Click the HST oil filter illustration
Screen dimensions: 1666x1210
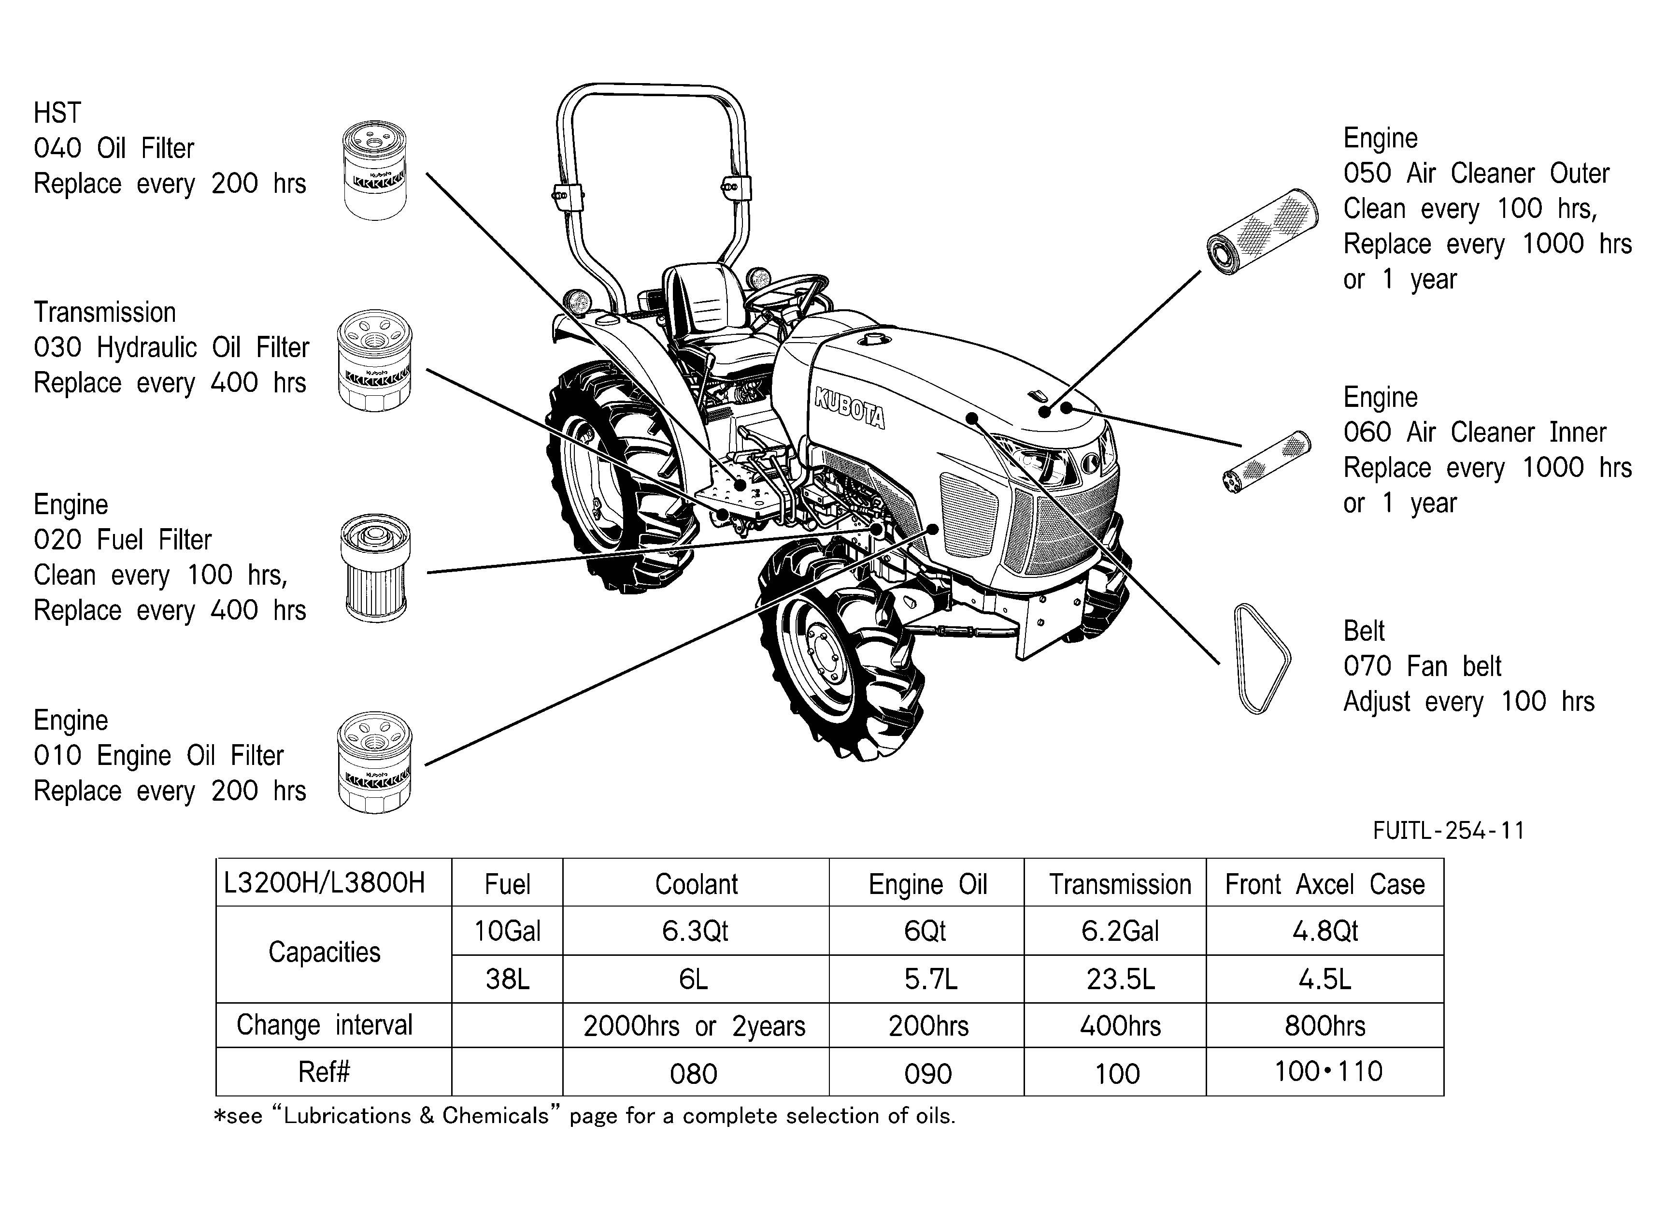pyautogui.click(x=375, y=171)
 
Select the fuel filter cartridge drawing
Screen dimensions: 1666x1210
pyautogui.click(x=375, y=568)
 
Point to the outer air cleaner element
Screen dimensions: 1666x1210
pyautogui.click(x=1262, y=231)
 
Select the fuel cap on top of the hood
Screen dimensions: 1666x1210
pyautogui.click(x=875, y=339)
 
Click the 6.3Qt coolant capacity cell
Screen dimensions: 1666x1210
pyautogui.click(x=695, y=931)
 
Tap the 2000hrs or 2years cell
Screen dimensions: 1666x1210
pyautogui.click(x=695, y=1025)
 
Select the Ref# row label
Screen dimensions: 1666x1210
pyautogui.click(x=324, y=1072)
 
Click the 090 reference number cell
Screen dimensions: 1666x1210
pyautogui.click(x=927, y=1073)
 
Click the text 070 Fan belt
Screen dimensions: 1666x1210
pyautogui.click(x=1422, y=665)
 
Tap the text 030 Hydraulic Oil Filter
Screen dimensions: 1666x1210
pyautogui.click(x=171, y=347)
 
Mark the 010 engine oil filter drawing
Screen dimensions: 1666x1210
pyautogui.click(x=375, y=762)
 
